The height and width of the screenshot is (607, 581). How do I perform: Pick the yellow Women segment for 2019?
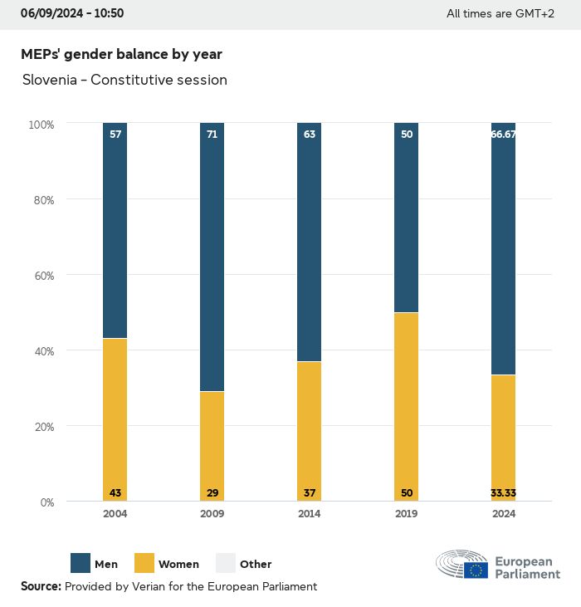(x=407, y=407)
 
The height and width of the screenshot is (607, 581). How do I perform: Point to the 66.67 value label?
(x=504, y=134)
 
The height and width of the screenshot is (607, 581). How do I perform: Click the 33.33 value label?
(x=504, y=493)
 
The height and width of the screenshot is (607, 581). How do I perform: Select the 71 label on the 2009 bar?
(x=212, y=134)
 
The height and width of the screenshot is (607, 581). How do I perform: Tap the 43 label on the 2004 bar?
(x=115, y=493)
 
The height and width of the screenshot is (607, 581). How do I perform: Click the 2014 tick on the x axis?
(x=310, y=514)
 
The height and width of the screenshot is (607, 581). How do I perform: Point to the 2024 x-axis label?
(x=504, y=514)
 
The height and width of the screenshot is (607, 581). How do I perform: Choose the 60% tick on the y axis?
(x=41, y=276)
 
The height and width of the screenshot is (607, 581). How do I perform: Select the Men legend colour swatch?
(x=81, y=564)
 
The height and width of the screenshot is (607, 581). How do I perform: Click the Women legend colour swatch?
(x=144, y=564)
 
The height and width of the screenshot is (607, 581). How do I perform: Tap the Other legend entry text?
(x=256, y=565)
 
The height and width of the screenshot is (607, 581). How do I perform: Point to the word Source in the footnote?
(x=41, y=586)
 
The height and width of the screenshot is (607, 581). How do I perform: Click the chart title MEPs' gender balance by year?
(x=121, y=54)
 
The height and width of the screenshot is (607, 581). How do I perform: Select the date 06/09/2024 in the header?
(x=53, y=13)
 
